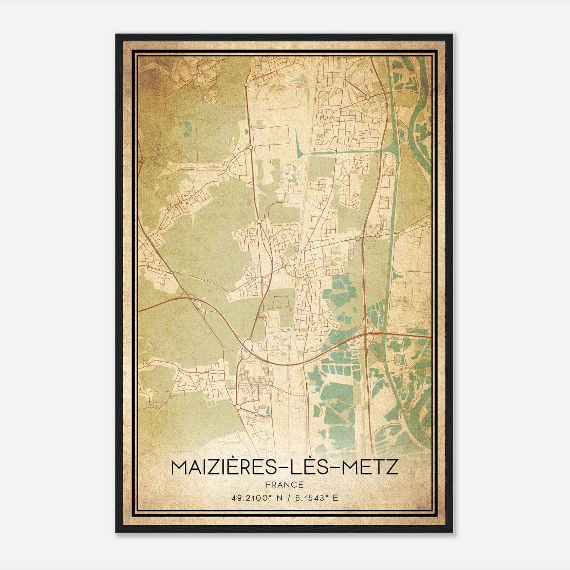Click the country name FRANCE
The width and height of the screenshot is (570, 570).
click(285, 484)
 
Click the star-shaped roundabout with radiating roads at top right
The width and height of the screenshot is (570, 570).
click(367, 97)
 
